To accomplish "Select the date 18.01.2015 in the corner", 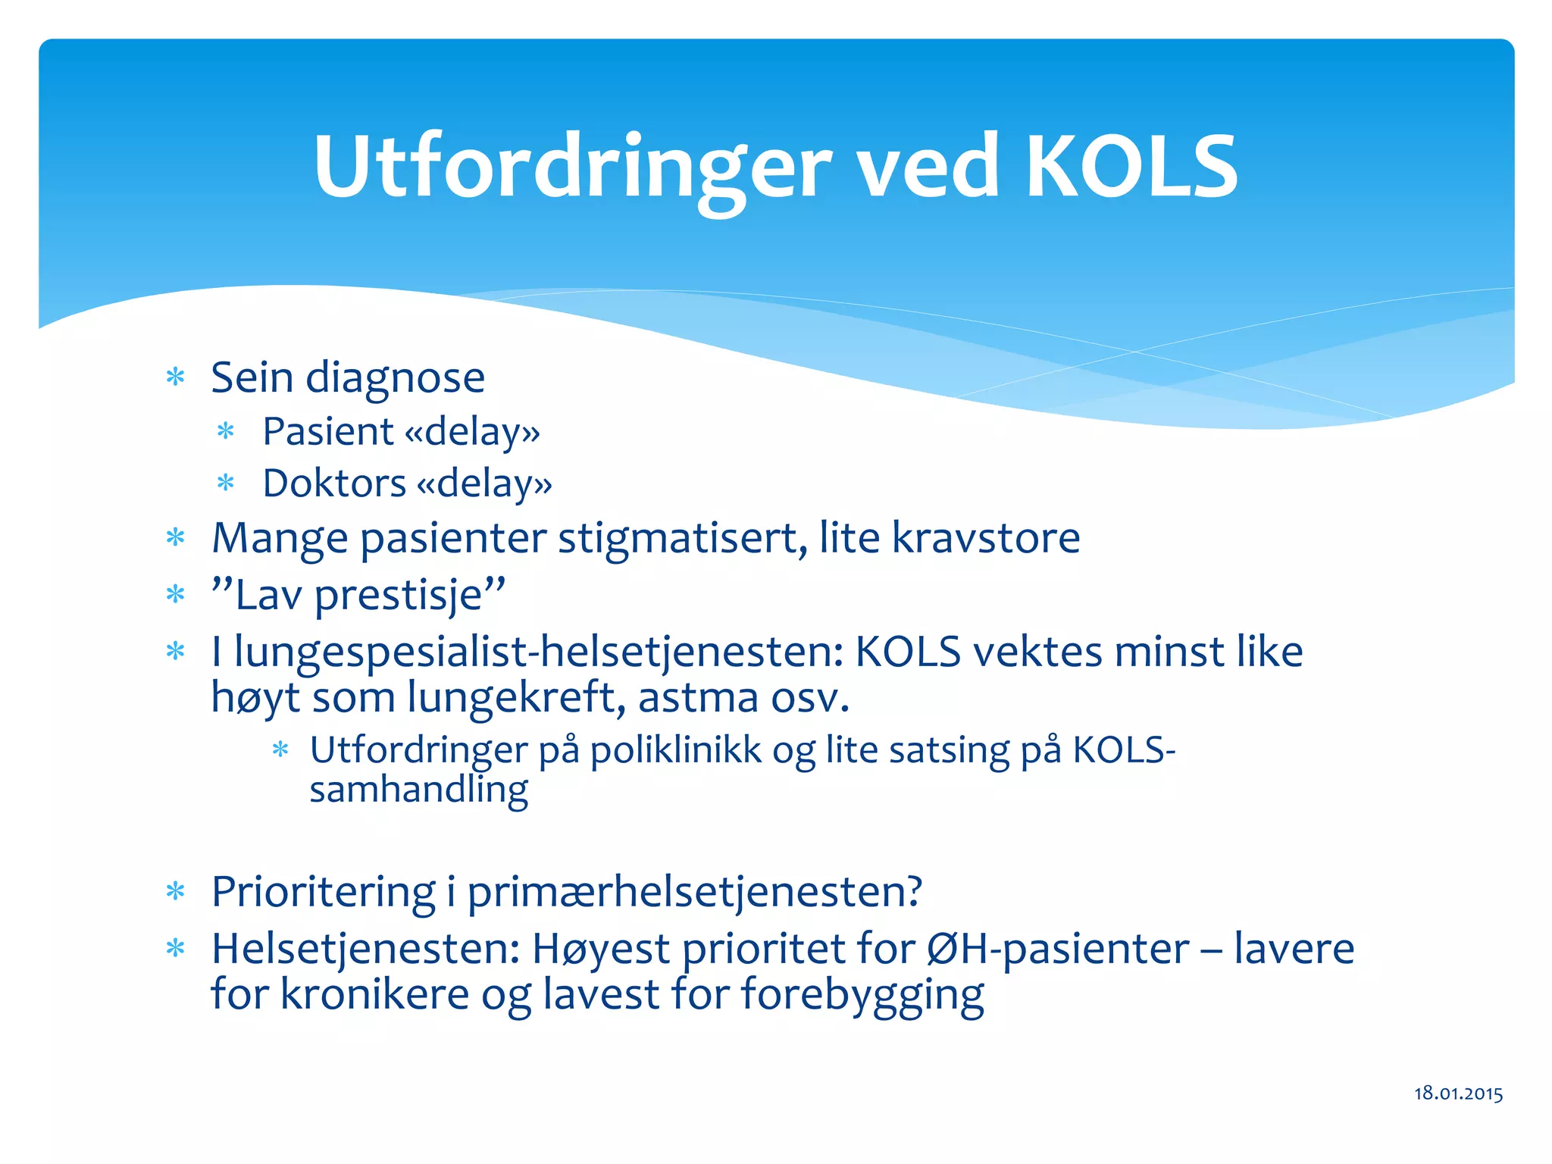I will coord(1458,1093).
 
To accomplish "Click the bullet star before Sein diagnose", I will coord(176,377).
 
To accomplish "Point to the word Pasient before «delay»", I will coord(328,432).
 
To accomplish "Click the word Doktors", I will coord(334,483).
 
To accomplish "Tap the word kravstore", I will coord(985,538).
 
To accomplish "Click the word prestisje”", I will coord(410,596).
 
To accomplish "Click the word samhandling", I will coord(418,791).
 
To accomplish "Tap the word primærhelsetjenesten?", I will coord(694,893).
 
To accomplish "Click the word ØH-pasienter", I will coord(1058,950).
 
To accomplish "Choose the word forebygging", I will coord(862,996).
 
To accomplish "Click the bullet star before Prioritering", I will coord(176,892).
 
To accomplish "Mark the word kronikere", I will coord(374,994).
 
